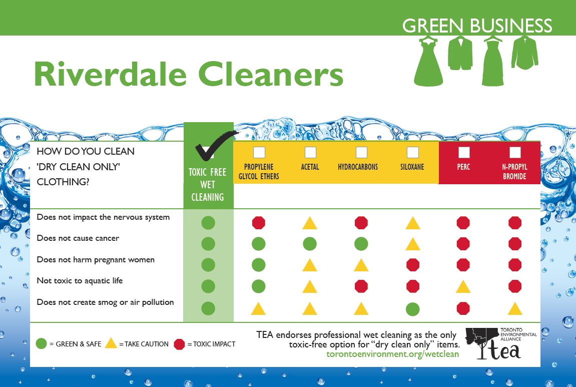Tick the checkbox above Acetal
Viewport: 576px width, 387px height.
tap(310, 152)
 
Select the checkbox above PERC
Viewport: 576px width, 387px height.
tap(463, 152)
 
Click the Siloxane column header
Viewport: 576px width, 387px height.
tap(412, 167)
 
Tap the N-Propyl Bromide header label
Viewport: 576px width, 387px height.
tap(514, 172)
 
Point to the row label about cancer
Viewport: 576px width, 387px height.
tap(78, 238)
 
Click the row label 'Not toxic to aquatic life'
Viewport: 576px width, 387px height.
tap(80, 281)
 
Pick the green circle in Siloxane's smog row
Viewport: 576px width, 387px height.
tap(412, 309)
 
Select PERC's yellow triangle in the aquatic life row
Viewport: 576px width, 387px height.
tap(463, 286)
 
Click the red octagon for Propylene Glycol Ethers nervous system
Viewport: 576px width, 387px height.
tap(259, 223)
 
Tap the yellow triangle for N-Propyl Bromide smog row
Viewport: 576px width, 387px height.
tap(515, 309)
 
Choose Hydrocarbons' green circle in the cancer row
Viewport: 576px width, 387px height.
tap(361, 244)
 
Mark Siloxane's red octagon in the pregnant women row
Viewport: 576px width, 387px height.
tap(412, 265)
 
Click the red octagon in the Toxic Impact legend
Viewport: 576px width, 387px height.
tap(179, 344)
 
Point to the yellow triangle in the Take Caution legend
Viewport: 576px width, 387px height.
tap(111, 343)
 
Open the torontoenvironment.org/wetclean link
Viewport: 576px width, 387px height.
tap(393, 354)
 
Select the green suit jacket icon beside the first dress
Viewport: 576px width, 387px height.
tap(460, 53)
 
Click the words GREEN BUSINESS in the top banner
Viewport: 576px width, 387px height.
tap(477, 26)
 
